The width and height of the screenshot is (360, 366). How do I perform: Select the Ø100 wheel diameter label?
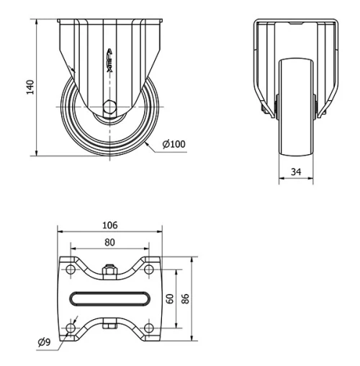click(x=172, y=144)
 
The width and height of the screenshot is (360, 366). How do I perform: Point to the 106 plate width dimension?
click(x=109, y=225)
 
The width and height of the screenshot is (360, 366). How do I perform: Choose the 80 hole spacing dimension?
click(x=109, y=242)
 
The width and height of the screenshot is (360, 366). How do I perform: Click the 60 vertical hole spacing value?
click(x=170, y=298)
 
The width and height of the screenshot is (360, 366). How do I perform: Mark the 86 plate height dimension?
click(x=186, y=298)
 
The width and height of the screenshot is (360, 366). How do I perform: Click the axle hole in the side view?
click(x=109, y=107)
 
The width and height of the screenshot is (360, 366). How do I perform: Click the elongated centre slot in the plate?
click(x=109, y=298)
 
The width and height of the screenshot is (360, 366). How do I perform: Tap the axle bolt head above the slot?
click(x=109, y=271)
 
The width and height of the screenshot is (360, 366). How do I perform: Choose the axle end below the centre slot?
click(x=109, y=326)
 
